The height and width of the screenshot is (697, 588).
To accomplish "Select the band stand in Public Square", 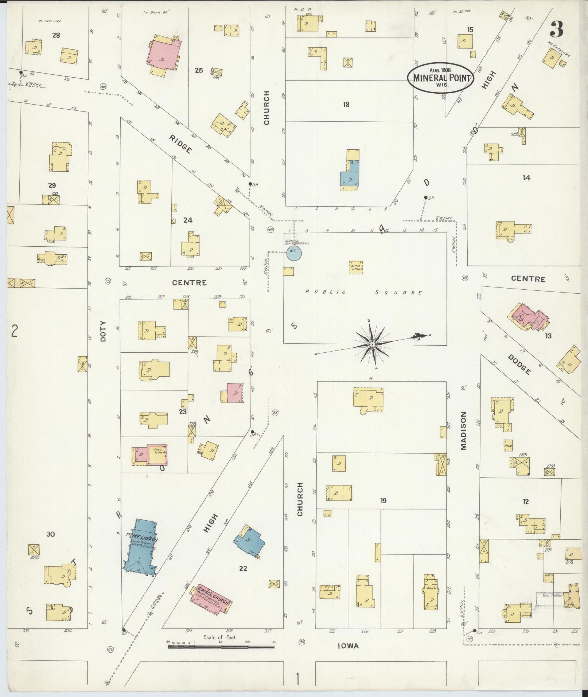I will pos(355,267).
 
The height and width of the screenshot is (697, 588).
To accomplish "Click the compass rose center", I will pos(373,344).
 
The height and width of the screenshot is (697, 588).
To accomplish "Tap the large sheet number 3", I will pos(556,29).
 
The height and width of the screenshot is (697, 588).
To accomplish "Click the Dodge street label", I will pos(519,364).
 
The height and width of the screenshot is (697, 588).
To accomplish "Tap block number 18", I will pos(346,105).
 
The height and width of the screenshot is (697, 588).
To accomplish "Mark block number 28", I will pos(56,35).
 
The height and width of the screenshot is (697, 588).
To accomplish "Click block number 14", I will pos(526,178).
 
